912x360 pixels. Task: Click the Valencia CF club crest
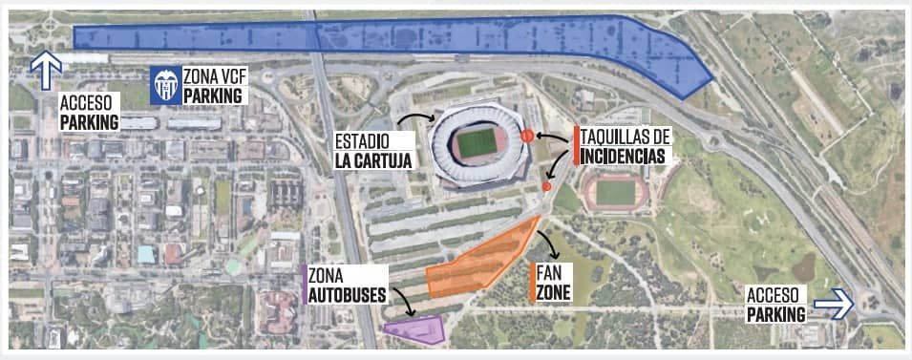165,86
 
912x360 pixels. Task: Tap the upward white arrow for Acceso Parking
46,70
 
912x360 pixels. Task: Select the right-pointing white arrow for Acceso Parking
838,305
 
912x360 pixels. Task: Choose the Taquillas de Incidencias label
625,146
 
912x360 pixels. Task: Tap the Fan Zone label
554,283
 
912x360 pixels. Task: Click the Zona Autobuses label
347,285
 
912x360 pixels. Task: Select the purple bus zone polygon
416,328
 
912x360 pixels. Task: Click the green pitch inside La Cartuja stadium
476,143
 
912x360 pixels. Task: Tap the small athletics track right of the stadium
615,192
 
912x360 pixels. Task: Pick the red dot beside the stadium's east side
526,137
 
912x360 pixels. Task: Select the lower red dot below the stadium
545,186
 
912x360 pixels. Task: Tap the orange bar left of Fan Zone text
531,283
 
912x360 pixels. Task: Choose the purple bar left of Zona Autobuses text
304,285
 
